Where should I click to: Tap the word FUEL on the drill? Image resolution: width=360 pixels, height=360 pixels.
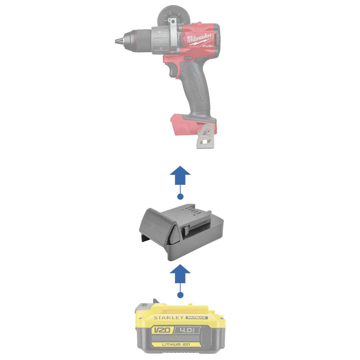click(x=208, y=46)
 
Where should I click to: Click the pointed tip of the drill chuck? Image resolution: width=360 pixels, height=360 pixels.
click(x=115, y=41)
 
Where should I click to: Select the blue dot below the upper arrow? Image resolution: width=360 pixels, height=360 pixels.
click(x=180, y=197)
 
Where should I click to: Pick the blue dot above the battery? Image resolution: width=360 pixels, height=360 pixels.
click(x=180, y=295)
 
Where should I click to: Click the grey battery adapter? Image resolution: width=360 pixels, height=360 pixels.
click(x=181, y=232)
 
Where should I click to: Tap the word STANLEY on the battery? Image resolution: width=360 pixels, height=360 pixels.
click(x=169, y=318)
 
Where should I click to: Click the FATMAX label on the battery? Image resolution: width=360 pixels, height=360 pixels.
click(x=197, y=318)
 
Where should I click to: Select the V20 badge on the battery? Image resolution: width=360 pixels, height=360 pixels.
click(x=162, y=330)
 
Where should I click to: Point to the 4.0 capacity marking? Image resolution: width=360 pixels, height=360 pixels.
click(x=187, y=330)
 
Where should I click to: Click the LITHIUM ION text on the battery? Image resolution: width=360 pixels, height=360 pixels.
click(x=176, y=344)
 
